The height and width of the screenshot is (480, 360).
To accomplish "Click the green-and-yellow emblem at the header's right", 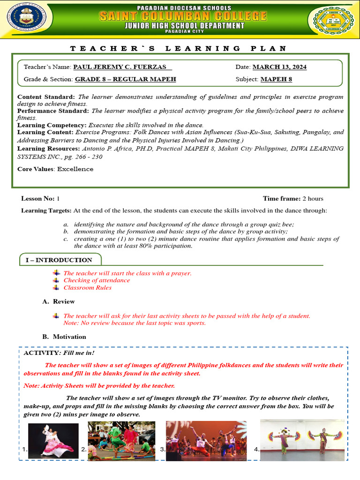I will coord(331,20).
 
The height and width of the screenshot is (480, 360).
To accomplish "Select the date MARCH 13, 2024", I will coord(279,67).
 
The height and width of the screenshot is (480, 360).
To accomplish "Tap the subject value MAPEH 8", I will coord(276,79).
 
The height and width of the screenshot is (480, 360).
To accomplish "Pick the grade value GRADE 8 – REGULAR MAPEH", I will coord(125,79).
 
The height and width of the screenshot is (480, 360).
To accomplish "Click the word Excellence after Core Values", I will coord(75,169).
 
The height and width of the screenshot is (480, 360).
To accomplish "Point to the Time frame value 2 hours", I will coord(313,199).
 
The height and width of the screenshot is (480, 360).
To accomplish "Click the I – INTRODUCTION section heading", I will coord(59,260).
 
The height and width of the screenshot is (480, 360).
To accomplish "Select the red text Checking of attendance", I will coord(97,280).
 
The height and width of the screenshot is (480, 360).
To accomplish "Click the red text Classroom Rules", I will coord(87,288).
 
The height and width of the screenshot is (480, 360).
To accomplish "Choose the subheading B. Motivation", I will coord(64,337).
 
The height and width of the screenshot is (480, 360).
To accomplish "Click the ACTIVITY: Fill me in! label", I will coord(59,353).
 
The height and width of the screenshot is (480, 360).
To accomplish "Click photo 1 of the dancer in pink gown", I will coord(53,440).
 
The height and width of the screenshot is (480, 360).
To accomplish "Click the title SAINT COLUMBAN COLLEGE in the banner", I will coord(182,16).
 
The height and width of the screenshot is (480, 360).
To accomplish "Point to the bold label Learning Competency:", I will coord(52,126).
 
